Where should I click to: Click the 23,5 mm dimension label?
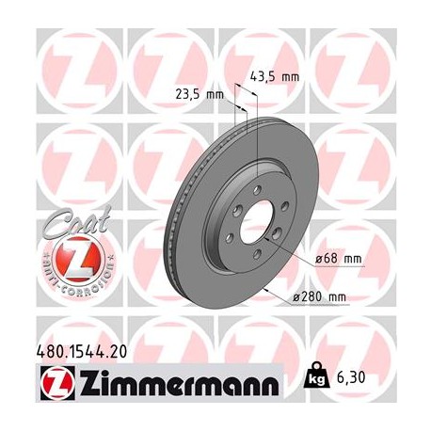coord(200,95)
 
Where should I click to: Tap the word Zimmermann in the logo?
coord(174,385)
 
